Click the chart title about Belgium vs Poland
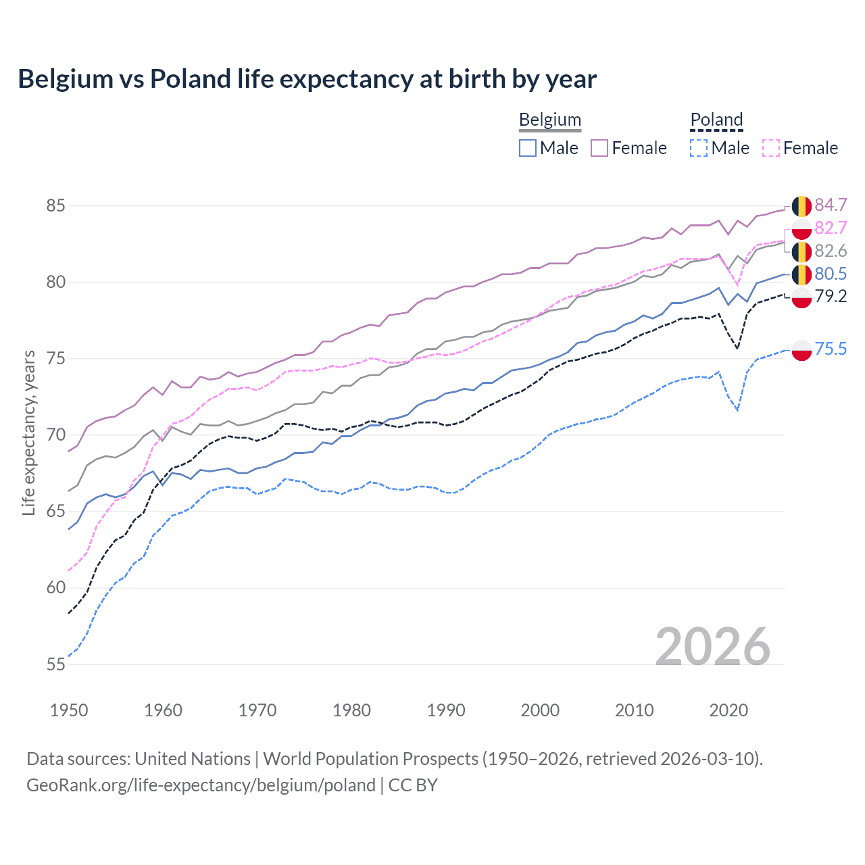coord(307,79)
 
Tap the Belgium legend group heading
coord(549,120)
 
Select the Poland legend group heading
coord(716,120)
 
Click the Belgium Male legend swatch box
coord(528,148)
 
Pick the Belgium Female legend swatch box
coord(599,148)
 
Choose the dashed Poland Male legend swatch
coord(699,148)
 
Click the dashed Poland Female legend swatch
coord(771,148)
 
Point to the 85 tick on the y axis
coord(55,205)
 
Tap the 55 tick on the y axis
coord(55,664)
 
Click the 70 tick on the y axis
coord(55,435)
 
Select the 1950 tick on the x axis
coord(69,710)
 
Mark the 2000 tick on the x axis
coord(540,710)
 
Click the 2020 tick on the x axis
coord(728,710)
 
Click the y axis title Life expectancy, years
coord(28,432)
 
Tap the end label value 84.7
coord(831,205)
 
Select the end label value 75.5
coord(831,349)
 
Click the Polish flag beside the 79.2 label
coord(801,297)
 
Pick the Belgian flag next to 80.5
coord(801,274)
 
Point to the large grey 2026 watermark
coord(713,647)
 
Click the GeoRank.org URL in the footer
coord(201,785)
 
